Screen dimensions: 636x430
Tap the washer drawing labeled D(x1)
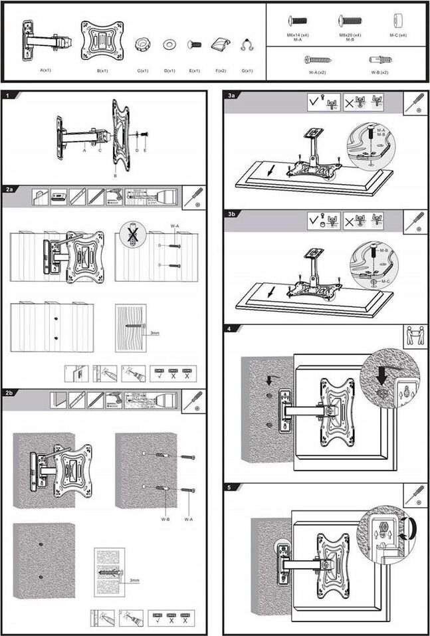[x=169, y=45]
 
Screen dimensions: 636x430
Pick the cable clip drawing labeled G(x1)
[x=247, y=46]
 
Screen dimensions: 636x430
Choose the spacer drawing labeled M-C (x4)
[x=399, y=20]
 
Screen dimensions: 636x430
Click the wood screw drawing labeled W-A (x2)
[x=317, y=59]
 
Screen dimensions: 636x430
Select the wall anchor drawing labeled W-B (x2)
[x=379, y=59]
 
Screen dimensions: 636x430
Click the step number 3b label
[x=231, y=214]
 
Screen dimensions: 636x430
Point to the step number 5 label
[x=229, y=487]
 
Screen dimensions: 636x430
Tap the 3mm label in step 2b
[x=134, y=580]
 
